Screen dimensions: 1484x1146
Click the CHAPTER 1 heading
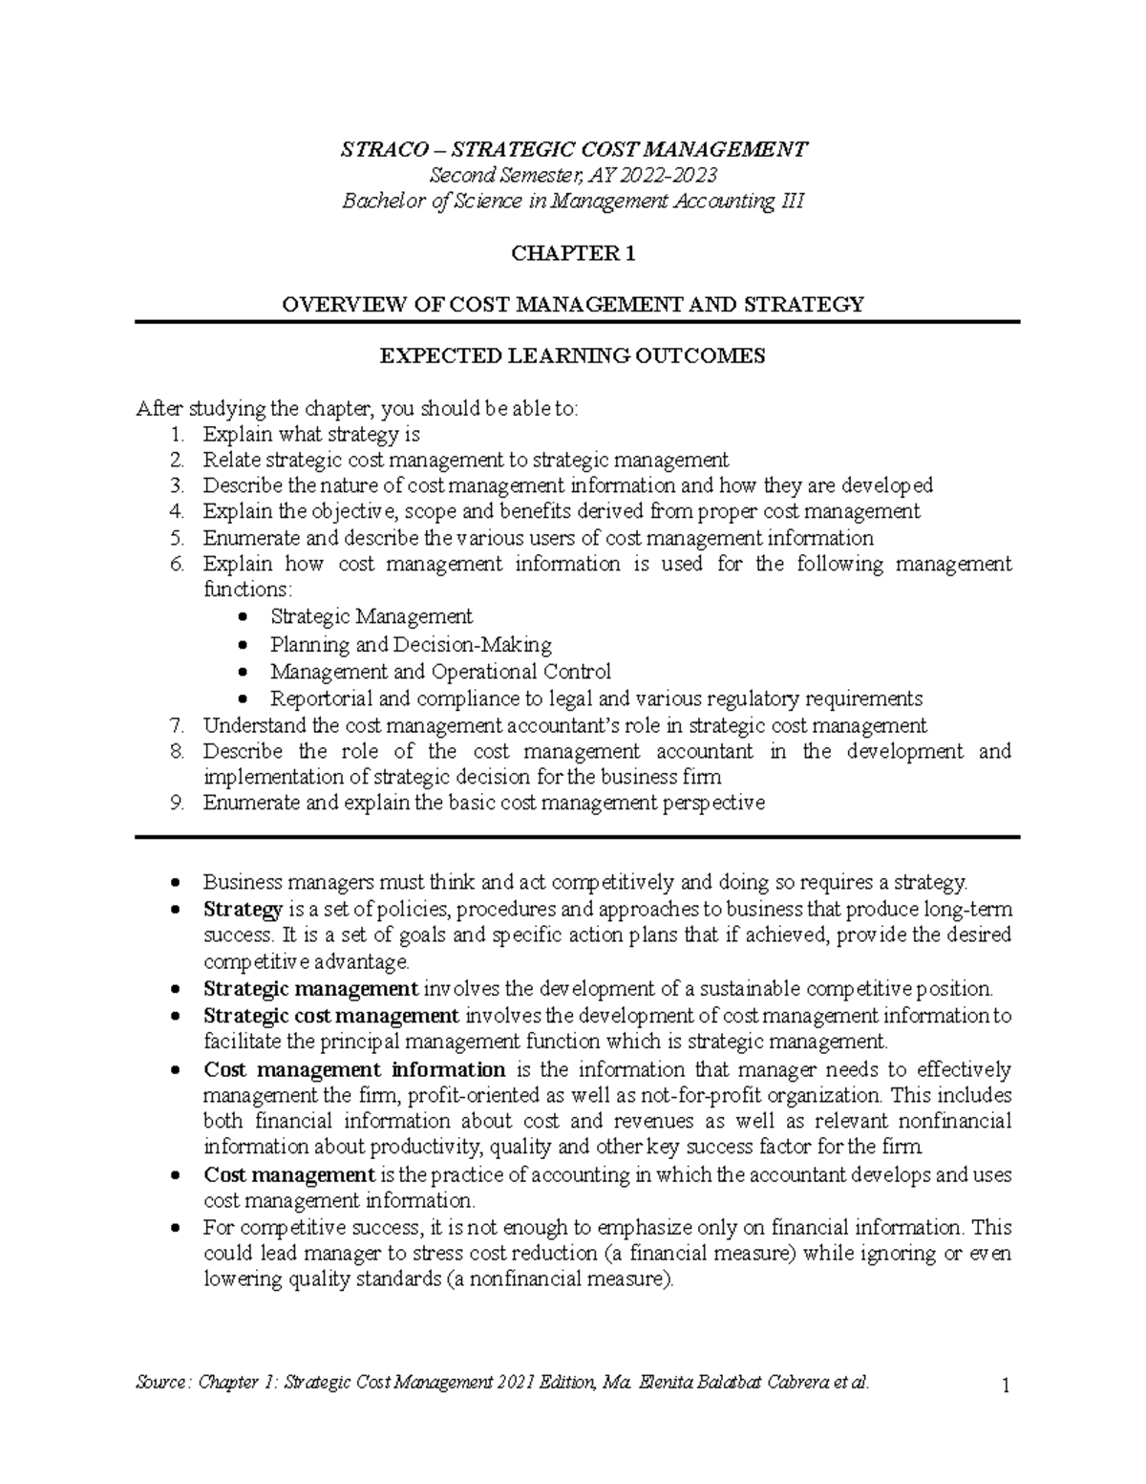573,253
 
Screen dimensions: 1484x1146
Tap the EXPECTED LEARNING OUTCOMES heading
573,356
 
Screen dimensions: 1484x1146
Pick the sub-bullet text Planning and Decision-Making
411,645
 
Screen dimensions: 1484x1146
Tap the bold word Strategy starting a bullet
243,909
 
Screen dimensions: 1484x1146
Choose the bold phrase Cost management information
354,1069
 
